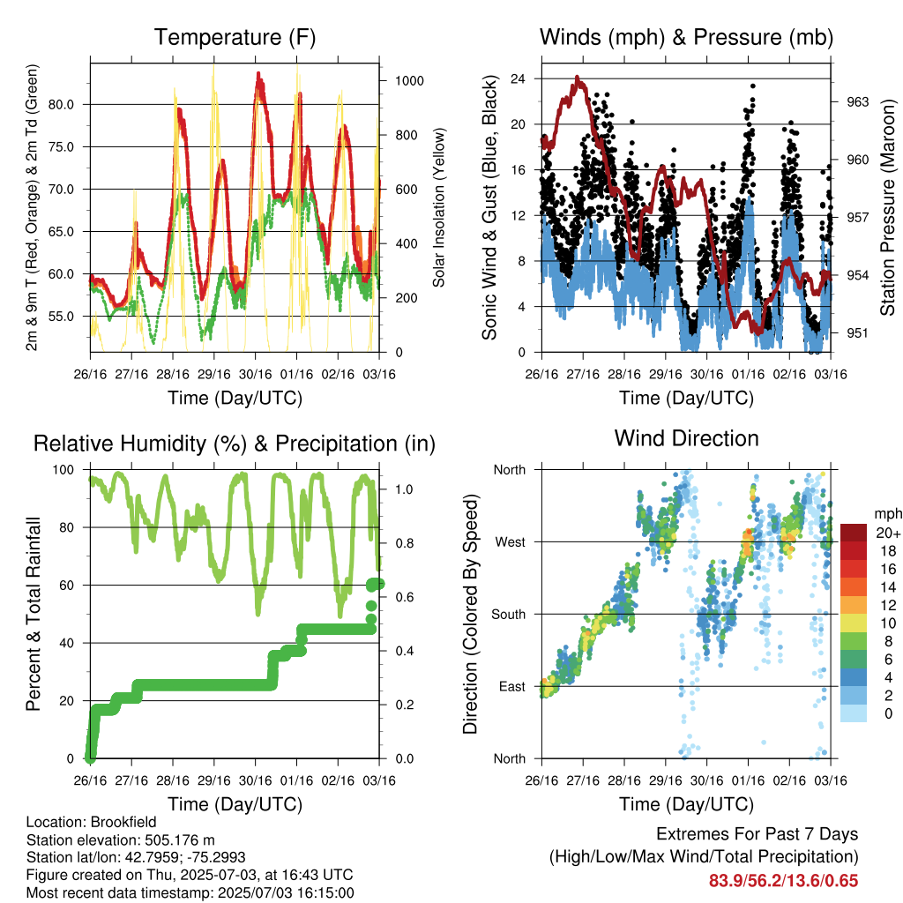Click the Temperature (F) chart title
[x=235, y=37]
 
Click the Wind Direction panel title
[x=686, y=438]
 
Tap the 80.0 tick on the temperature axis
[x=61, y=105]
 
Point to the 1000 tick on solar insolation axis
[x=409, y=80]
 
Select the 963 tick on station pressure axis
[x=857, y=102]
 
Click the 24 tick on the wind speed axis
[x=518, y=78]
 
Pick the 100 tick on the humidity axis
[x=63, y=470]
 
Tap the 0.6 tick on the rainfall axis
[x=405, y=597]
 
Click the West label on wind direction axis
[x=511, y=542]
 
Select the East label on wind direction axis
[x=512, y=686]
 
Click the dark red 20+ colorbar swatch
[x=854, y=533]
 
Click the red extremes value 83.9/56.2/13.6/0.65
[x=783, y=881]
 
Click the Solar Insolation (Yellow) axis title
[x=439, y=207]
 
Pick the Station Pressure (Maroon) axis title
[x=887, y=207]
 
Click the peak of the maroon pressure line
[x=577, y=78]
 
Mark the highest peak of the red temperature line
[x=258, y=74]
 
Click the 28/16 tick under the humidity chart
[x=173, y=781]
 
